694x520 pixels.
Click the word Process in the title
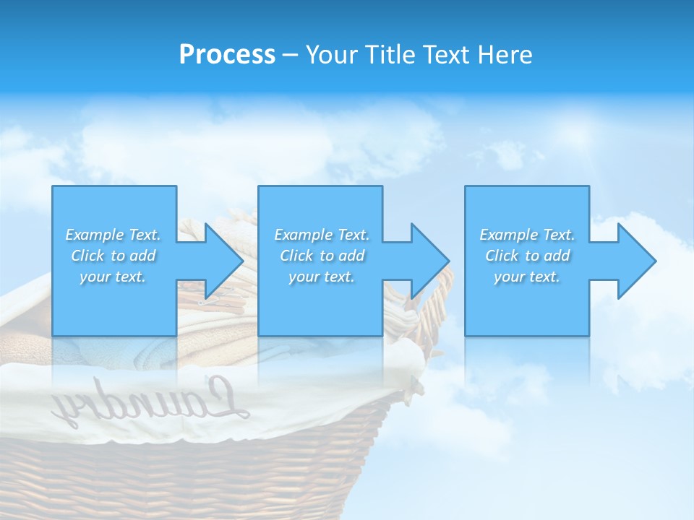click(x=227, y=55)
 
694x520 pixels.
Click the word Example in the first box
click(x=94, y=235)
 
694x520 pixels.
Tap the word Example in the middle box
click(x=303, y=235)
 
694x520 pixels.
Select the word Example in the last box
click(x=508, y=235)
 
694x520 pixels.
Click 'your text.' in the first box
click(x=113, y=277)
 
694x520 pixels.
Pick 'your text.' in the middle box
click(x=322, y=277)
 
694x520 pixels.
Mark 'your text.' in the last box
click(x=527, y=277)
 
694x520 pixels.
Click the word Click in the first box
click(x=87, y=256)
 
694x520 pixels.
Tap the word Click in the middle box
click(x=296, y=256)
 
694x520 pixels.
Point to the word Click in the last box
click(x=501, y=256)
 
